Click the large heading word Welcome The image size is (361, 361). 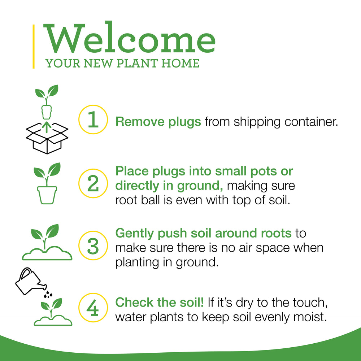(129, 38)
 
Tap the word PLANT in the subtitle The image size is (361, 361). (137, 63)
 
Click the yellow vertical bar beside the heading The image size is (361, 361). (34, 46)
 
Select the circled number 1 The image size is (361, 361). (93, 119)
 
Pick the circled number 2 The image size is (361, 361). (93, 183)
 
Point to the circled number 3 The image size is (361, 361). (93, 245)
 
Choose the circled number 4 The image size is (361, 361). (93, 307)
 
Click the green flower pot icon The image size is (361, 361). (47, 195)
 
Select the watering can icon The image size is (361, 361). (30, 281)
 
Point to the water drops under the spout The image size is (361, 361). (48, 294)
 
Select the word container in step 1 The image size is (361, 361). (311, 122)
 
